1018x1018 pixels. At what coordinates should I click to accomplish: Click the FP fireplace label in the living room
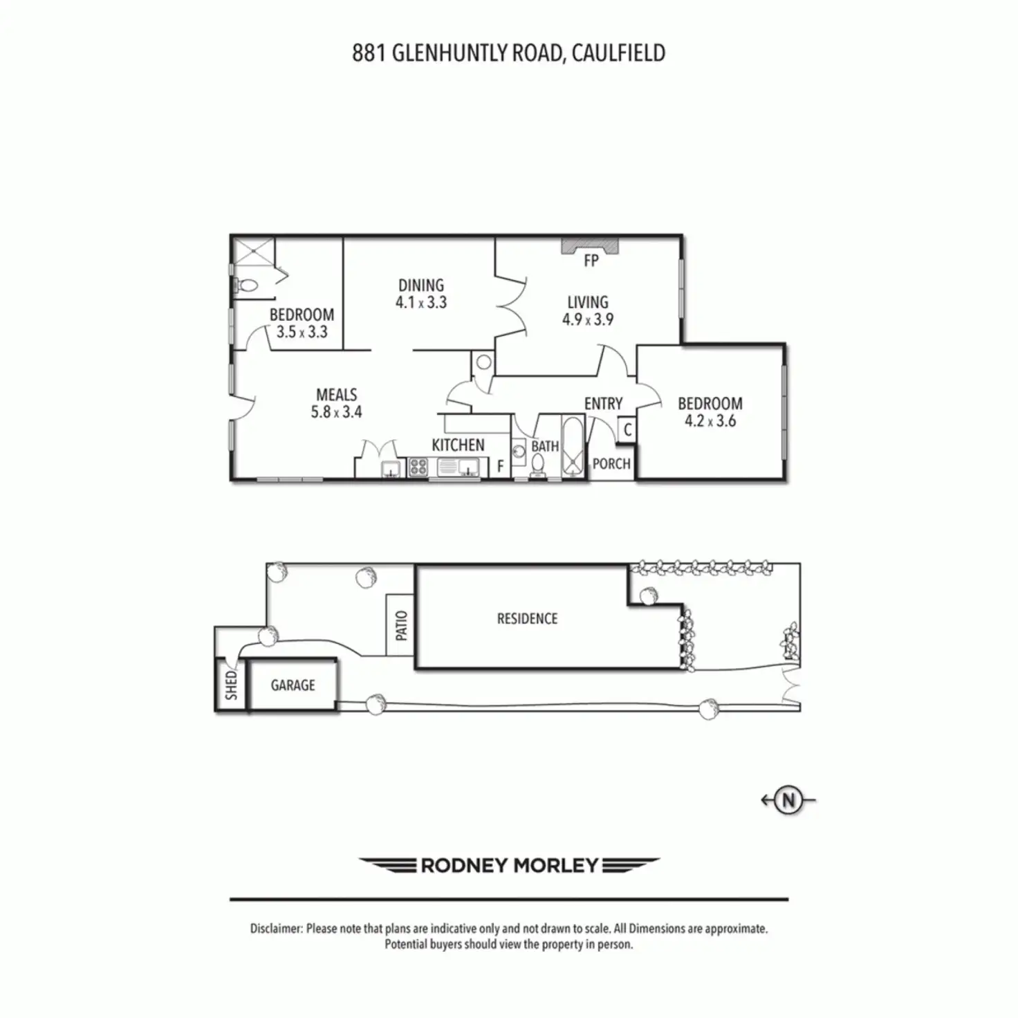tap(591, 261)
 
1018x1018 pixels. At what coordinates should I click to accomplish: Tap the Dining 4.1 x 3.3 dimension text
tap(421, 303)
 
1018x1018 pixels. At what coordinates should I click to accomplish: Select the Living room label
tap(588, 302)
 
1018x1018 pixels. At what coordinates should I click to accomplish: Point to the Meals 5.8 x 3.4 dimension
tap(336, 412)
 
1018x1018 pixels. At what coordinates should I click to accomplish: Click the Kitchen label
tap(458, 445)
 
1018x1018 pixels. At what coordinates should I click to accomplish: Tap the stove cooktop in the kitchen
tap(418, 468)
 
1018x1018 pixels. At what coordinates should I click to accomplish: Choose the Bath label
tap(545, 447)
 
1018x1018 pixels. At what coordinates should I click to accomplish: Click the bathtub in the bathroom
tap(573, 447)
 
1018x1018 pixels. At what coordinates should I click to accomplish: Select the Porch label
tap(611, 464)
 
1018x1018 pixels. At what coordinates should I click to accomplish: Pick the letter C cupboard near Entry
tap(627, 430)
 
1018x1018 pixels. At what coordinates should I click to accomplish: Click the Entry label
tap(603, 404)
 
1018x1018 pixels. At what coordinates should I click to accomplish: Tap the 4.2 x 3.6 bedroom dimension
tap(710, 421)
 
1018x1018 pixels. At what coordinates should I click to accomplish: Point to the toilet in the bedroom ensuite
tap(246, 285)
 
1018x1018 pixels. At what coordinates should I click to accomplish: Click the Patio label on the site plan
tap(401, 625)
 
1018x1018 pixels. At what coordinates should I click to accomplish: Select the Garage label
tap(293, 685)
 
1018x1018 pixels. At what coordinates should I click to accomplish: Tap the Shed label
tap(231, 685)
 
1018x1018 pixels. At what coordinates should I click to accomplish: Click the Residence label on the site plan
tap(527, 619)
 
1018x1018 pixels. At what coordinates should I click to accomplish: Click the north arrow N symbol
tap(788, 800)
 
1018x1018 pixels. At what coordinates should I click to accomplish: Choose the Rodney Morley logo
tap(509, 865)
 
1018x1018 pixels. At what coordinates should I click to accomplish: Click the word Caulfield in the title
tap(618, 53)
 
